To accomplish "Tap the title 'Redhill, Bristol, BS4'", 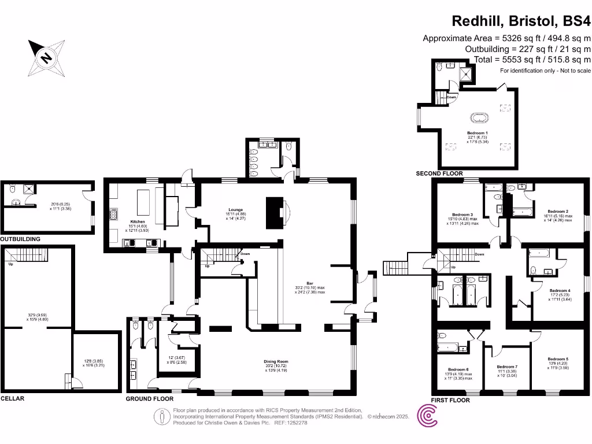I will coord(521,21).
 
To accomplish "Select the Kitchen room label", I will coord(137,221).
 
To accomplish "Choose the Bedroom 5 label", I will coord(558,359).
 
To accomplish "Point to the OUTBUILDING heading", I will coord(20,239).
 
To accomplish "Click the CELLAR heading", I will coord(12,399).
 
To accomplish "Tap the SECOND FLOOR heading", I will coord(439,173).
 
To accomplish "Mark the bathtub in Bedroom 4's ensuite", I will coord(539,253).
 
